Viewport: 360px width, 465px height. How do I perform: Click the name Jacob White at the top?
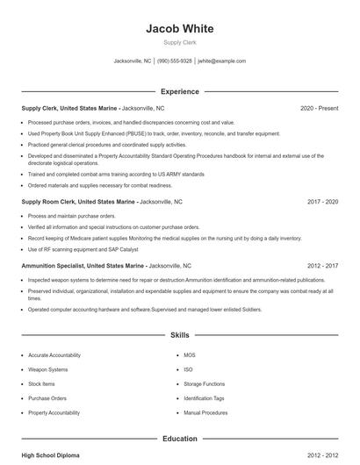pos(179,29)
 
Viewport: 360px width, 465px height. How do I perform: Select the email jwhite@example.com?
pos(221,61)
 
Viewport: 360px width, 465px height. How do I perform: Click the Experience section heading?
pos(179,91)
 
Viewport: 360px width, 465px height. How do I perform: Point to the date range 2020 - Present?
pos(319,108)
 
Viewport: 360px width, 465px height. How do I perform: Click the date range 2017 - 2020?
pos(322,201)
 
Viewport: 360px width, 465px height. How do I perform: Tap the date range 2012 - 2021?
pos(322,265)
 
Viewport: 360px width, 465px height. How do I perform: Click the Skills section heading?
pos(179,336)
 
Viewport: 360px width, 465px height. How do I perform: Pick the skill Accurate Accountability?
pos(54,355)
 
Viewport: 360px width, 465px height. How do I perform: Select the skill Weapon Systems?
pos(47,369)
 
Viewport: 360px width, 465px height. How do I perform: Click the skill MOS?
pos(190,355)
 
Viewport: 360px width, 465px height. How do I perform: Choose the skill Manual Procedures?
pos(205,412)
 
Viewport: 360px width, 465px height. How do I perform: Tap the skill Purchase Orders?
pos(47,398)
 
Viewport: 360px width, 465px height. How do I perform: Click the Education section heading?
pos(179,439)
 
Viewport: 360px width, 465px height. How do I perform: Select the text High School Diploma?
pos(51,455)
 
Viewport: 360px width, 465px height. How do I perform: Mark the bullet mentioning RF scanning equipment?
pos(83,249)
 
